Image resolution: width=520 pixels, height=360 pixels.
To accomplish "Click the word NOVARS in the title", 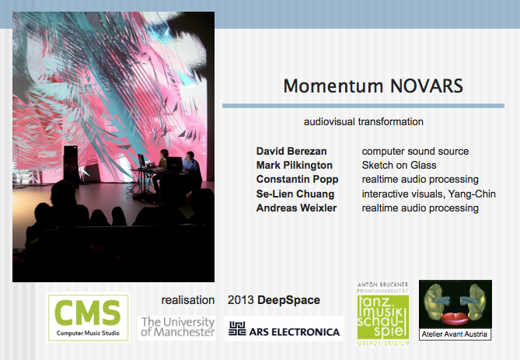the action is pyautogui.click(x=427, y=86).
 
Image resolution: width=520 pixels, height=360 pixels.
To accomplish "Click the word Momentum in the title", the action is pyautogui.click(x=333, y=86).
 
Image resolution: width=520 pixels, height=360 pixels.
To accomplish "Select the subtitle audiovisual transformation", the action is pyautogui.click(x=364, y=122).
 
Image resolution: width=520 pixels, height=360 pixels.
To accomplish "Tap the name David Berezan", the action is pyautogui.click(x=291, y=152).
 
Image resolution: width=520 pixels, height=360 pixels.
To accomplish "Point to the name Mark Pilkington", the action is pyautogui.click(x=295, y=166).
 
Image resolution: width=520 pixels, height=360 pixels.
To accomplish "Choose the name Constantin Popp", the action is pyautogui.click(x=297, y=179).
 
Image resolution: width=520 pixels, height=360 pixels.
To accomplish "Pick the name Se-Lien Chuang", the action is pyautogui.click(x=295, y=194).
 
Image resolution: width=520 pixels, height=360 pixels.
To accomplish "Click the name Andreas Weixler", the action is pyautogui.click(x=296, y=208).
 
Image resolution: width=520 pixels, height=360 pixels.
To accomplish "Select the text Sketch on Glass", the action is pyautogui.click(x=399, y=166).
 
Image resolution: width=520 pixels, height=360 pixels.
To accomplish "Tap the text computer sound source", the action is pyautogui.click(x=415, y=152).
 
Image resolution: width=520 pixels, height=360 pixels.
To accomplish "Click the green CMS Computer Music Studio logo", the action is pyautogui.click(x=88, y=317).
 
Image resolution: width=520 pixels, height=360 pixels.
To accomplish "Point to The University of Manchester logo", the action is pyautogui.click(x=177, y=327).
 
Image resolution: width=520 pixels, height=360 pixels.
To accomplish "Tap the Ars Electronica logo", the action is pyautogui.click(x=284, y=328).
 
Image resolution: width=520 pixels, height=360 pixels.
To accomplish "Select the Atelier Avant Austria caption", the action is pyautogui.click(x=455, y=334).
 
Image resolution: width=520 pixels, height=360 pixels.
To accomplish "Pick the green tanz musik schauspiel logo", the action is pyautogui.click(x=383, y=313).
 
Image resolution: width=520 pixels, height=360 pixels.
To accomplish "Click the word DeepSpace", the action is pyautogui.click(x=288, y=300).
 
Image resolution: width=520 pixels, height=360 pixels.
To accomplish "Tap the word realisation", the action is pyautogui.click(x=188, y=300).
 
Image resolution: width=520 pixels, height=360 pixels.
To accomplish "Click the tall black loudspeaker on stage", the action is pyautogui.click(x=71, y=166).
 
